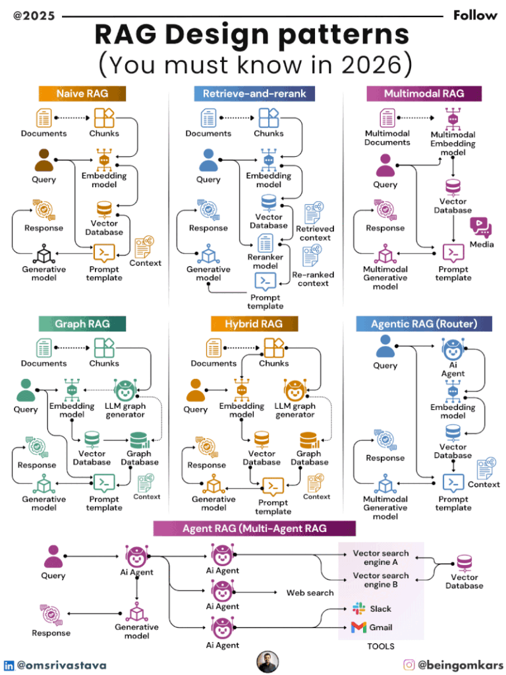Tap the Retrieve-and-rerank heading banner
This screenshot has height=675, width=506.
point(254,94)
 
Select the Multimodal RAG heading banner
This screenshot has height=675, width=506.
point(424,94)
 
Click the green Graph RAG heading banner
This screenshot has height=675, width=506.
point(82,324)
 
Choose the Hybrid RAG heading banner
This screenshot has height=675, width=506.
point(254,324)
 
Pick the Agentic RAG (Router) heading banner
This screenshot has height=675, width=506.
point(424,324)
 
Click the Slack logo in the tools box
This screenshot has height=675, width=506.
point(358,608)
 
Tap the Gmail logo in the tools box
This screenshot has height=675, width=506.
point(358,627)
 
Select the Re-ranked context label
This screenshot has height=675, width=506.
point(313,279)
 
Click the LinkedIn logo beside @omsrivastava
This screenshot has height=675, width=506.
point(9,666)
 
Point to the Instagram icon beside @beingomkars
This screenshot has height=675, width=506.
point(409,665)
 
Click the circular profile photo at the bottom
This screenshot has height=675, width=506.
point(267,662)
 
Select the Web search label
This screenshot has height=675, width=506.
point(310,593)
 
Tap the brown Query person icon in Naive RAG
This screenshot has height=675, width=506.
point(44,160)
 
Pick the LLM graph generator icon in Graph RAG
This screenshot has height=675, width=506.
point(125,389)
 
